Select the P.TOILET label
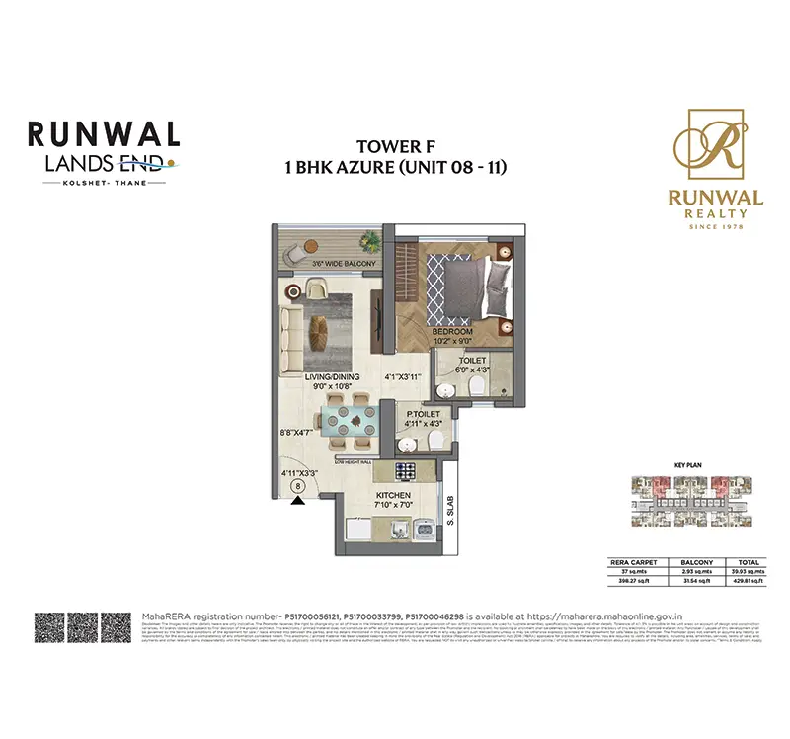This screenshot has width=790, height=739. pyautogui.click(x=423, y=415)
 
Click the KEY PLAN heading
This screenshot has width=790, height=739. pyautogui.click(x=686, y=462)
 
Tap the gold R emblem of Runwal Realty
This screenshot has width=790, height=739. pyautogui.click(x=715, y=148)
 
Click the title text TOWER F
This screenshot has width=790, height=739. pyautogui.click(x=394, y=149)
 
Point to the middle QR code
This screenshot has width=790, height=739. pyautogui.click(x=83, y=628)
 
